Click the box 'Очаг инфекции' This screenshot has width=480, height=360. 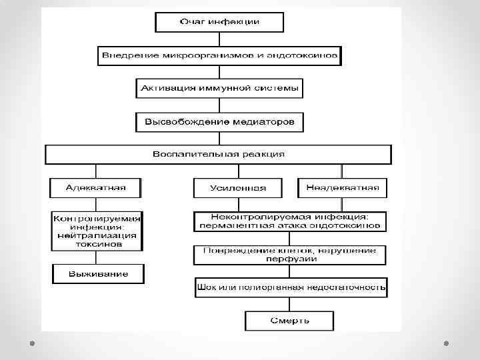tap(219, 22)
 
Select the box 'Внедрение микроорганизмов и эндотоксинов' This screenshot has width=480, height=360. tap(220, 55)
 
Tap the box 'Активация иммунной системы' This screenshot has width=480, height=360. tap(220, 88)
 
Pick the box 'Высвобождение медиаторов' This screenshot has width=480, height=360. tap(220, 122)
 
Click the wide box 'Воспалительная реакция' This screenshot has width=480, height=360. tap(218, 154)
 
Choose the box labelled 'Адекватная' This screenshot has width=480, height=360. tap(96, 187)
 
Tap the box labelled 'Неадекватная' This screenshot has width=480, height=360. tap(342, 187)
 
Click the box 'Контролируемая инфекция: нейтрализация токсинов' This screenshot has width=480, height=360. tap(97, 231)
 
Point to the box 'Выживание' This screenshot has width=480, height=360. tap(97, 274)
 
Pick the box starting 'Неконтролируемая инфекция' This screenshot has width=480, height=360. tap(290, 221)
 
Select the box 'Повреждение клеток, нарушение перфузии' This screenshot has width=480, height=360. tap(290, 254)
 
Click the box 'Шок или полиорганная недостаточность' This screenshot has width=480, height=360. tap(291, 288)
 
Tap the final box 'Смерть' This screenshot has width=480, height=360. tap(289, 321)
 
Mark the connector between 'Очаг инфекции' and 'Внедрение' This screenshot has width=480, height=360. tap(219, 38)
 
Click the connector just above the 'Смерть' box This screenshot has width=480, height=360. tap(290, 304)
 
